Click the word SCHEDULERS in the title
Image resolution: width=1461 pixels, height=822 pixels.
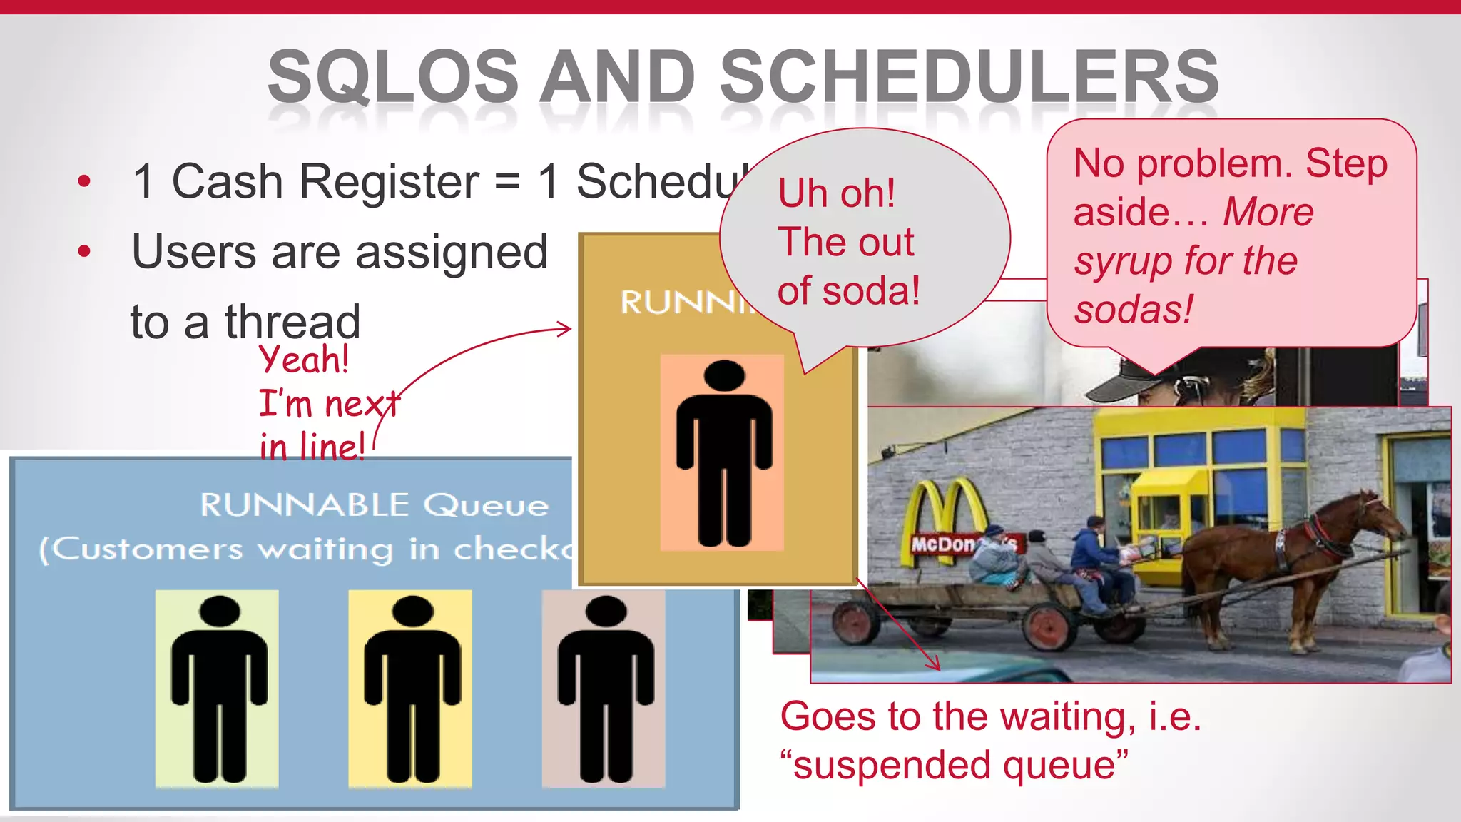969,77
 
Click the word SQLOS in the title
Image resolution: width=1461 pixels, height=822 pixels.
393,77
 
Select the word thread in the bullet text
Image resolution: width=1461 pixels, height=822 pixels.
292,322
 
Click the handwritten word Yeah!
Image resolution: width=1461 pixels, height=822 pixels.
304,359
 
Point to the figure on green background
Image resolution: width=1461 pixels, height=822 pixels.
218,689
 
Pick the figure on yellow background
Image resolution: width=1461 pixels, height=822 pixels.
411,689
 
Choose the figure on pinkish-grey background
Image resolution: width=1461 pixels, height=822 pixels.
604,689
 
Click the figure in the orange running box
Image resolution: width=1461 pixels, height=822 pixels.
723,453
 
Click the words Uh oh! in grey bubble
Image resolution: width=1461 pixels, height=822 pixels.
836,193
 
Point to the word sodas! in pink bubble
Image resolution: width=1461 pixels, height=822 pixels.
1133,310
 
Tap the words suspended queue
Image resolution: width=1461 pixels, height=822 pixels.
955,765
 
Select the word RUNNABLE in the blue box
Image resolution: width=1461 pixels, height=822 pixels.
305,505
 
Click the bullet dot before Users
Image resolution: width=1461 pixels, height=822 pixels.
85,251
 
